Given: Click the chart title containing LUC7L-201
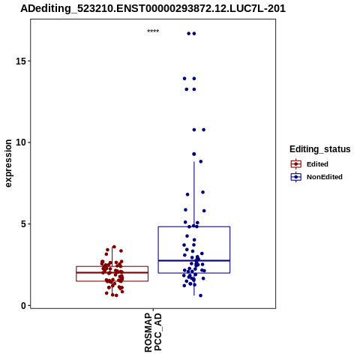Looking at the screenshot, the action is [153, 8].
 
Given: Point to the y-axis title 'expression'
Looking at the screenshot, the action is [8, 163].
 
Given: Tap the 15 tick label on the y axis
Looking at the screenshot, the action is [21, 61].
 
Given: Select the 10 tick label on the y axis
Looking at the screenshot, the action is [21, 142].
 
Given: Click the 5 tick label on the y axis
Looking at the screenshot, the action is [23, 224].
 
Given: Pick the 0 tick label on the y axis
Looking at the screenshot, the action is [23, 305].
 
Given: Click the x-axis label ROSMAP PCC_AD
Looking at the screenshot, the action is [153, 333].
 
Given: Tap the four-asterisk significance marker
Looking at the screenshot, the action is [153, 31].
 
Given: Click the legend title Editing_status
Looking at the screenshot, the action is [320, 149].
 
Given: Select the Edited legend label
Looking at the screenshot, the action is [317, 164].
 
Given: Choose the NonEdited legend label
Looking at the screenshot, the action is [325, 177].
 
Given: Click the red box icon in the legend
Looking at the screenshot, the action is [296, 164].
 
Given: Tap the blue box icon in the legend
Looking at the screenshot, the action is [296, 177].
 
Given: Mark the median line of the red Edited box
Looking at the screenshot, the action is [112, 272].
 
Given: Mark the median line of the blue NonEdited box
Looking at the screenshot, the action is [194, 260].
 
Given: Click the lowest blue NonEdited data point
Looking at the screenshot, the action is [200, 295].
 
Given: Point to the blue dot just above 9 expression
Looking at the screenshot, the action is [194, 154].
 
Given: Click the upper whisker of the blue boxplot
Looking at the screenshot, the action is [194, 194].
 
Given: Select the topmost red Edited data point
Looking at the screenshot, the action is [114, 247].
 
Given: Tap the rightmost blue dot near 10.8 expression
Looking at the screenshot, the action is [204, 130].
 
